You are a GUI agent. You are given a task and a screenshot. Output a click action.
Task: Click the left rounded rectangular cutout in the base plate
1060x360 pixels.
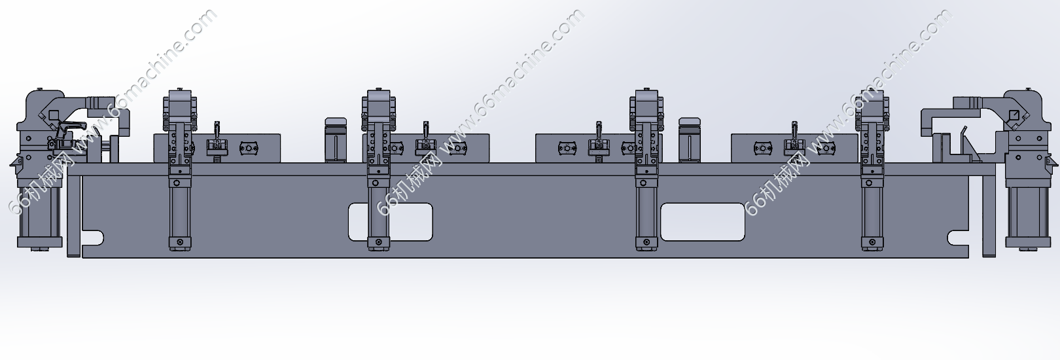(391, 222)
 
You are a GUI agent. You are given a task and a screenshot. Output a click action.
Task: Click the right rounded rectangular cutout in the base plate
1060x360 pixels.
(703, 222)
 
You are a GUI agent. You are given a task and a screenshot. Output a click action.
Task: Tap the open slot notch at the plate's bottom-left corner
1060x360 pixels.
(93, 238)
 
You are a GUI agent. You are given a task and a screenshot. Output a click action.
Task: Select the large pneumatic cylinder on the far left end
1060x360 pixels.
(40, 215)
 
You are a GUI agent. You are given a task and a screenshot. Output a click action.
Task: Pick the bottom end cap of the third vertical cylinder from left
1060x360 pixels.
(646, 243)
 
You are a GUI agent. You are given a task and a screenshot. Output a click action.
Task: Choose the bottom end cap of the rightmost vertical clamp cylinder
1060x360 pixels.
(872, 243)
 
